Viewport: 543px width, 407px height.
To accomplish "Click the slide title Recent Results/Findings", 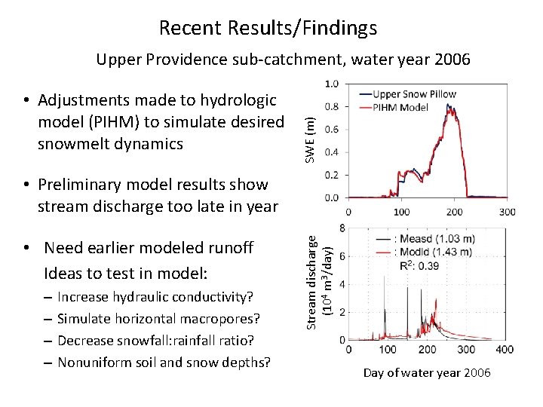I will pos(268,28).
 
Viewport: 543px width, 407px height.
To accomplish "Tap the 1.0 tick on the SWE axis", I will pos(331,84).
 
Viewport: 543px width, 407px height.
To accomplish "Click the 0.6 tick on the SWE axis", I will pos(331,130).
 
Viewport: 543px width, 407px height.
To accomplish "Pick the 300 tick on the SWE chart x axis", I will pos(507,212).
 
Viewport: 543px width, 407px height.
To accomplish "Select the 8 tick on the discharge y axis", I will pos(342,228).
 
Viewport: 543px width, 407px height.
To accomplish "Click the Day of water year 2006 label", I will pos(427,373).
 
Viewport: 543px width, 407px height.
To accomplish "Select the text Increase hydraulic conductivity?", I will pos(155,297).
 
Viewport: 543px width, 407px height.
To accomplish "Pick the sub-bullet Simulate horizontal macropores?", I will pos(158,319).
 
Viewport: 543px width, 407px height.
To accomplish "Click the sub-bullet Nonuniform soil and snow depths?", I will pos(163,363).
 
